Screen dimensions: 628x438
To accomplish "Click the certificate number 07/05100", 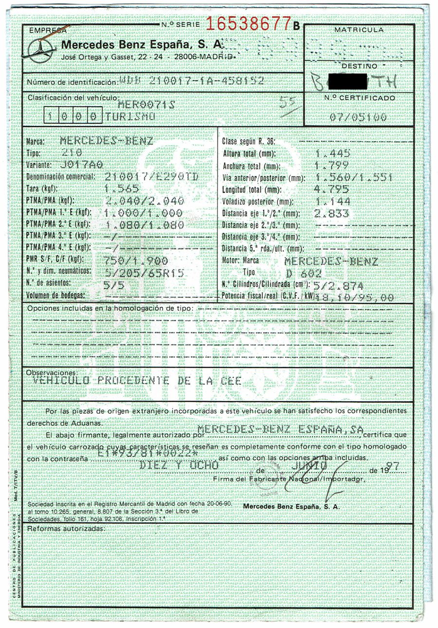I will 358,117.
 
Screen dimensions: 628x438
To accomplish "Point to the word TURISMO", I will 130,117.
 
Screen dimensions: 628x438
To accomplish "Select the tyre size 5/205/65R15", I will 144,273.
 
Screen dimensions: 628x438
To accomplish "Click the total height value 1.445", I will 333,153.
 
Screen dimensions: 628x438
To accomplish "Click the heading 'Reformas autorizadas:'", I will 66,528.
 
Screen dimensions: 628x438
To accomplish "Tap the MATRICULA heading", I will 359,30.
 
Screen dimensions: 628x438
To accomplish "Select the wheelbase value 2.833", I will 332,213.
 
